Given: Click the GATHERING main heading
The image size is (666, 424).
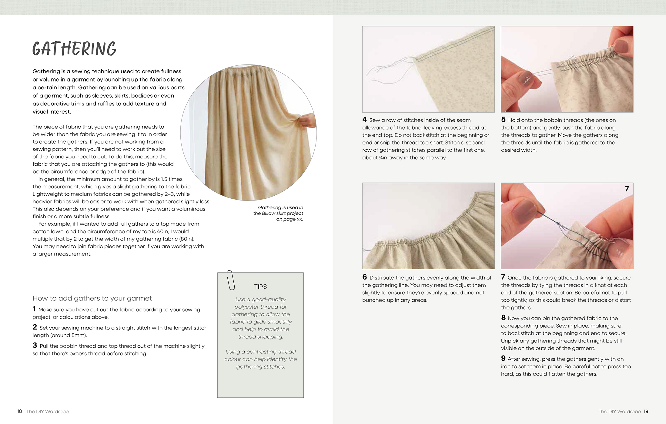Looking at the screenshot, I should [74, 49].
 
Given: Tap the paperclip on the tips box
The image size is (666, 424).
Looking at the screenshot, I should [231, 280].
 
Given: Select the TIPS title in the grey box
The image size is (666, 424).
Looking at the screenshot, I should [260, 287].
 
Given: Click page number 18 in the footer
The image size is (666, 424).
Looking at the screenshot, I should [19, 411].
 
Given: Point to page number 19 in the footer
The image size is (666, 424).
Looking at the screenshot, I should [646, 411].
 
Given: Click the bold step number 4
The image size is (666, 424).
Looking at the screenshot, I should [364, 120].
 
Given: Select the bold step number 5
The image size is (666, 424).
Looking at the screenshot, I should [503, 120].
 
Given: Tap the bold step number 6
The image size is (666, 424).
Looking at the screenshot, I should [364, 277].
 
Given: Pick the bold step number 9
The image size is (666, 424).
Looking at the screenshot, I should [503, 359].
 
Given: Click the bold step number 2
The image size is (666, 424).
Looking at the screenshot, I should [35, 327].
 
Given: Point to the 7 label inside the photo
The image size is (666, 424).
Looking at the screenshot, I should [627, 189].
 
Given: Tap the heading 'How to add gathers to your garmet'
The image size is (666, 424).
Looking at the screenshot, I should [92, 298].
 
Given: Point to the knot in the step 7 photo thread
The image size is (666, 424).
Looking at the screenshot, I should [558, 224].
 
